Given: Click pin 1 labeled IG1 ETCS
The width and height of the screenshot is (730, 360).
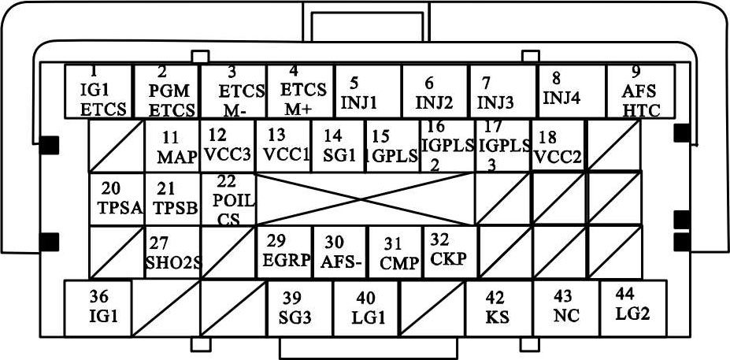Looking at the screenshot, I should click(98, 91).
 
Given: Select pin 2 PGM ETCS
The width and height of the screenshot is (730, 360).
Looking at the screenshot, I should click(166, 91).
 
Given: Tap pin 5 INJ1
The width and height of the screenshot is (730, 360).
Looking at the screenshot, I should click(368, 91).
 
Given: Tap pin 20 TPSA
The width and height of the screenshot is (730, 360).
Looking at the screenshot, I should click(117, 199).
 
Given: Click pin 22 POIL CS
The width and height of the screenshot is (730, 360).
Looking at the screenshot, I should click(228, 199).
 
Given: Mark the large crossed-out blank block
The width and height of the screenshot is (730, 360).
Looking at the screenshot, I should click(365, 199).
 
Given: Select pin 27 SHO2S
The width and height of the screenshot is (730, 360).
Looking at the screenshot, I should click(172, 252).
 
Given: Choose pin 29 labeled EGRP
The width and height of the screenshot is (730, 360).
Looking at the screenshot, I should click(284, 252).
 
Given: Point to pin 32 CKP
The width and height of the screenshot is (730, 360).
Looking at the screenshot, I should click(450, 251).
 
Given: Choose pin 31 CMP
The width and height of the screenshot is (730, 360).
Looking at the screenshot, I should click(395, 252).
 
